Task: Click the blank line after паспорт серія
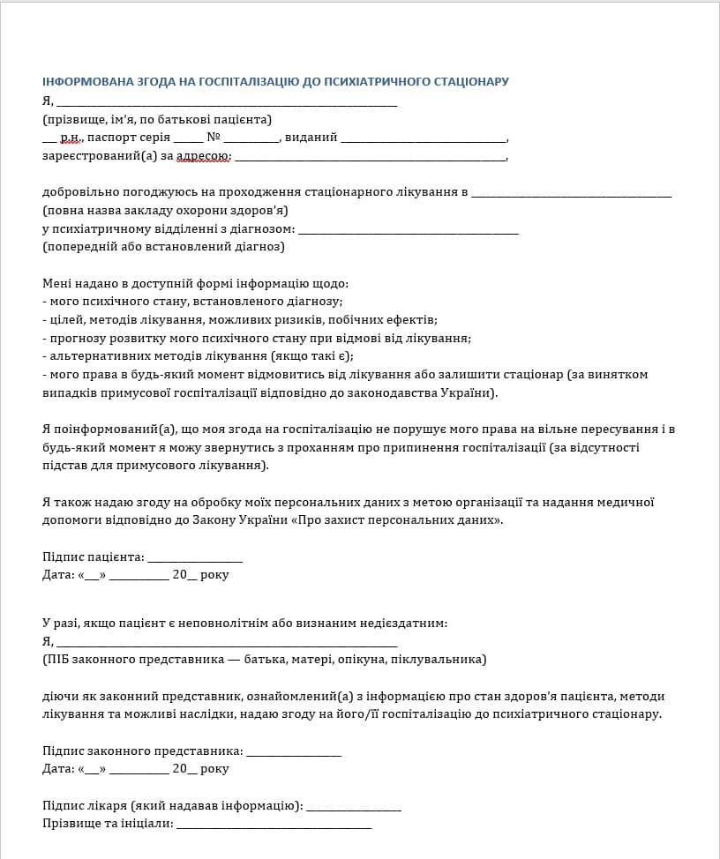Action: coord(188,138)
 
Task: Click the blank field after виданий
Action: coord(424,138)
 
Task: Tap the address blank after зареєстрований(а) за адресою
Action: coord(371,158)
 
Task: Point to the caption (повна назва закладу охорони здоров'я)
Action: coord(165,211)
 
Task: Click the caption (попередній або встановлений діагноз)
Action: coord(163,247)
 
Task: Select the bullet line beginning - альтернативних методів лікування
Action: coord(198,355)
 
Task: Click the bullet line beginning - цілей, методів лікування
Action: coord(240,319)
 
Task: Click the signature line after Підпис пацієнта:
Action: coord(194,558)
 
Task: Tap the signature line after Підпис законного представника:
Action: coord(293,752)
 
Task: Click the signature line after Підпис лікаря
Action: coord(353,807)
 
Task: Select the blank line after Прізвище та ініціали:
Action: coord(274,825)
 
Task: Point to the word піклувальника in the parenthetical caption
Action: coord(438,659)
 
